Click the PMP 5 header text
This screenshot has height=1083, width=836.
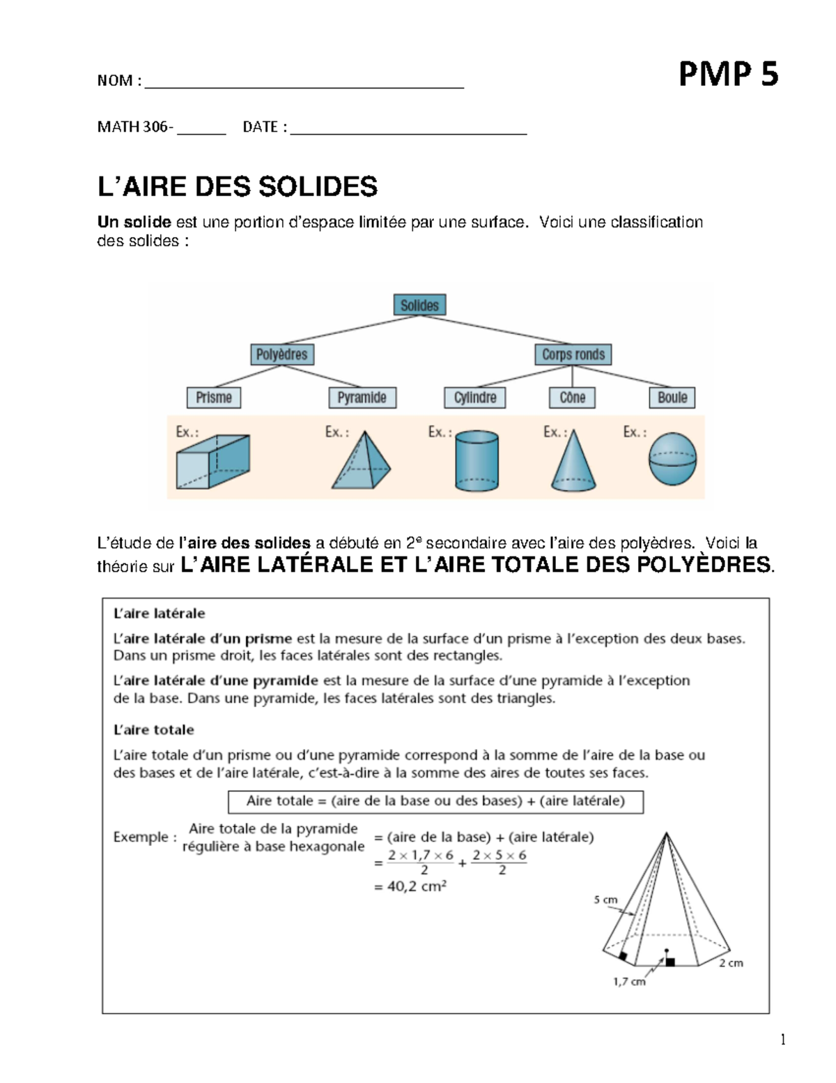click(x=728, y=75)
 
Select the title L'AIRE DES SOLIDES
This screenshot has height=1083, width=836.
click(x=237, y=187)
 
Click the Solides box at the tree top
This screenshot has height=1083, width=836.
click(x=419, y=305)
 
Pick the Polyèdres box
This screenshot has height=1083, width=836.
click(x=281, y=354)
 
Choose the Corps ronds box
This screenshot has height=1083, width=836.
click(x=573, y=354)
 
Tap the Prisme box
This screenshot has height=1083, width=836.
click(x=213, y=397)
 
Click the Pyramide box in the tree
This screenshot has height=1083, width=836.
click(x=362, y=397)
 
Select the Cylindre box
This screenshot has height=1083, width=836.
click(x=475, y=397)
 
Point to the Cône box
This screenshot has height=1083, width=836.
click(x=572, y=397)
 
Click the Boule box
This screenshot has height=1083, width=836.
click(x=672, y=397)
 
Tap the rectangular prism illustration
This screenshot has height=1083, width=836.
click(x=212, y=461)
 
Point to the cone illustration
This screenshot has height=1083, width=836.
click(x=573, y=462)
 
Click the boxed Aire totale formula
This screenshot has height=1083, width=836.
click(x=435, y=801)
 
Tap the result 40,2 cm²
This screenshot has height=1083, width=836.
click(x=410, y=888)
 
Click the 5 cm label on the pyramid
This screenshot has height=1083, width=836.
click(x=605, y=900)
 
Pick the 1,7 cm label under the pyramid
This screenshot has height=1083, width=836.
click(x=628, y=982)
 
